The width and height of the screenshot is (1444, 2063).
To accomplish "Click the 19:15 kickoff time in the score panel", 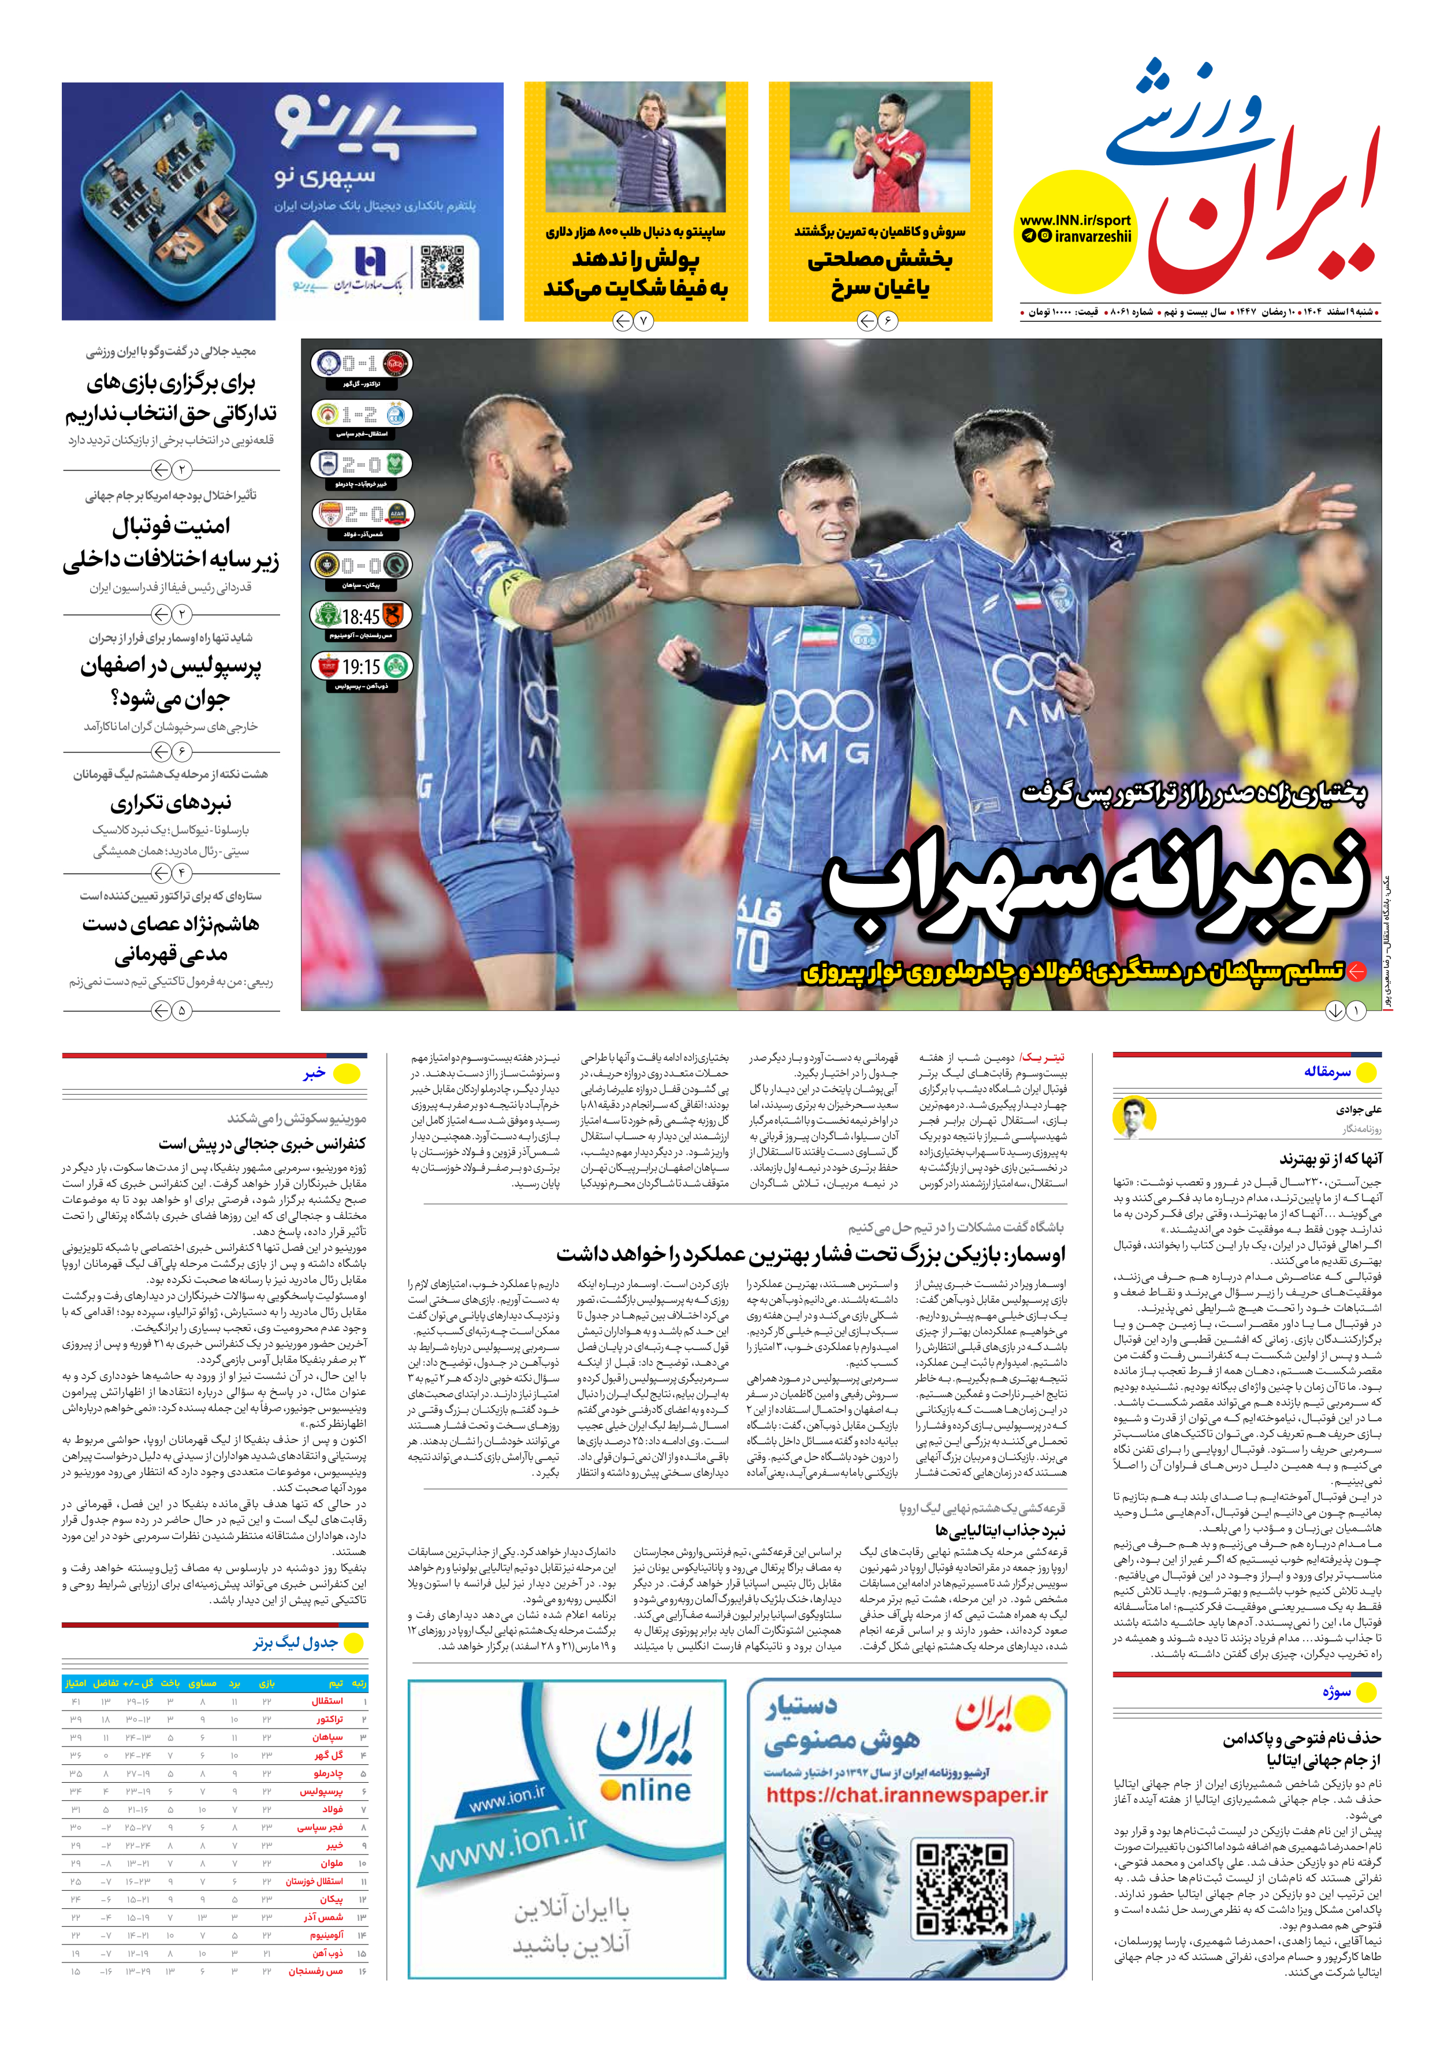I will (x=360, y=667).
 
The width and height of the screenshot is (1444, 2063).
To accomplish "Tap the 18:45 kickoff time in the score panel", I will (x=360, y=616).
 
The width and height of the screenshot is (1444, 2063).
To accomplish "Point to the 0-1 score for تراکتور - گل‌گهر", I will (x=360, y=364).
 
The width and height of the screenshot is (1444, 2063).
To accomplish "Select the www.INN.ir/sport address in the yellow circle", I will (x=1075, y=220).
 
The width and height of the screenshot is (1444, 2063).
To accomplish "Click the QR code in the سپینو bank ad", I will (x=442, y=267).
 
